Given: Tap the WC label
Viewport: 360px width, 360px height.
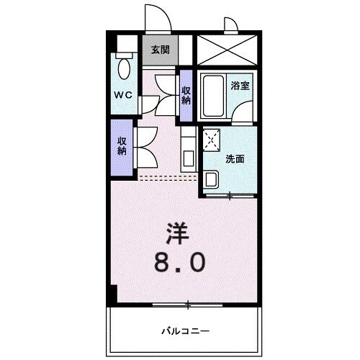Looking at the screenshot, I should pos(122,94).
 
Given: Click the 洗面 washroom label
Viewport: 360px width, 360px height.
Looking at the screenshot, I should pos(235,159).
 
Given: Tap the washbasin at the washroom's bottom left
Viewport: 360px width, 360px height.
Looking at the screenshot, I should pos(212,178).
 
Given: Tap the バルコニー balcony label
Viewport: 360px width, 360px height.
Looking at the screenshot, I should pos(184,331).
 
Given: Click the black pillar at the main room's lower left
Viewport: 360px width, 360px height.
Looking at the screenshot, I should pos(112,294).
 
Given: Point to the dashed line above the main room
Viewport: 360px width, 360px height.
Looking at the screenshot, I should pos(166,176).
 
